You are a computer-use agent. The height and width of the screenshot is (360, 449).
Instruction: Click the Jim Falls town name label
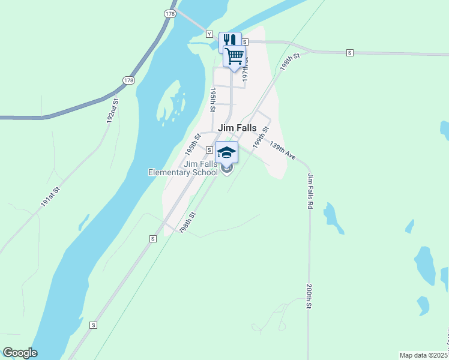click(x=237, y=128)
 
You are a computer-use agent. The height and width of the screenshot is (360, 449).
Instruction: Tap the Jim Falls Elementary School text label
click(x=183, y=169)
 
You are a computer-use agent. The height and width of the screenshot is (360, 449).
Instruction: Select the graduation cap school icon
click(x=226, y=152)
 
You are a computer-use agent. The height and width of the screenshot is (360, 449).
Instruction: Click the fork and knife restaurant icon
click(x=230, y=41)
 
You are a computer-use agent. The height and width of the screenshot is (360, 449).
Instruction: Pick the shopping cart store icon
click(x=235, y=56)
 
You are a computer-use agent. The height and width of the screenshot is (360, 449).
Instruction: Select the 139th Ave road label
click(x=282, y=151)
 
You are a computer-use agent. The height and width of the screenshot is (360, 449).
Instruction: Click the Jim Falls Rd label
click(x=310, y=191)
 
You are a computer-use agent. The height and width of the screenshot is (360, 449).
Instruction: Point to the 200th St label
click(x=309, y=296)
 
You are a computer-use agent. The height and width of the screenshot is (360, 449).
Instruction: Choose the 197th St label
click(x=245, y=69)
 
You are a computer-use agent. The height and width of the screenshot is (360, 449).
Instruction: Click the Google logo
click(x=20, y=353)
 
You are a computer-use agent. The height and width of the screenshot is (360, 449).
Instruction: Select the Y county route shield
click(x=209, y=34)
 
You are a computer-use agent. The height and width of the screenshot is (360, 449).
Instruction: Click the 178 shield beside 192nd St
click(x=128, y=80)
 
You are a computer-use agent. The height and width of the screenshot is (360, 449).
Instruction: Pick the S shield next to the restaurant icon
click(x=245, y=41)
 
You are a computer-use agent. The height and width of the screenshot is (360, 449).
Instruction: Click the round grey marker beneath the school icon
click(x=226, y=169)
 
